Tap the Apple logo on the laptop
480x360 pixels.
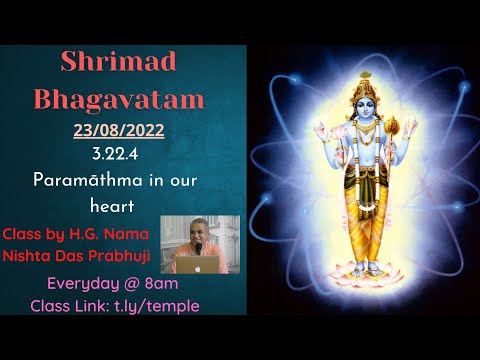point(198,267)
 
